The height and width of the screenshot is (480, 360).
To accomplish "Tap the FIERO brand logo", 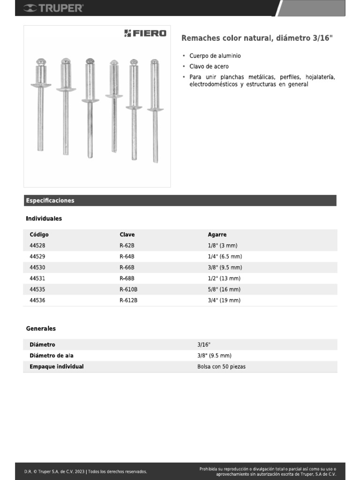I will [x=145, y=33].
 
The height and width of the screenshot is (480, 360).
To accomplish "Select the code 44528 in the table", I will [x=37, y=246].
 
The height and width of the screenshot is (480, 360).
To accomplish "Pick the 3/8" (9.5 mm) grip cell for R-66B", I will [x=225, y=268].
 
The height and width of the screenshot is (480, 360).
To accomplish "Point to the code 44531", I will [x=37, y=278].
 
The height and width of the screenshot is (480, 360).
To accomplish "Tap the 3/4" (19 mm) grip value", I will [x=224, y=300].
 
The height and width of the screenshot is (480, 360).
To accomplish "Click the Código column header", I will [x=39, y=234].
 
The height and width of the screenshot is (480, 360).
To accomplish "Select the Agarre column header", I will [x=217, y=234].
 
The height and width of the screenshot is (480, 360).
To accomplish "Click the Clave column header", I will [x=127, y=234].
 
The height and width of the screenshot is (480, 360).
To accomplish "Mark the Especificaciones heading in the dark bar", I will [x=50, y=201].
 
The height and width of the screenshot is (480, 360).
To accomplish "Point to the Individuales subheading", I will [x=44, y=218].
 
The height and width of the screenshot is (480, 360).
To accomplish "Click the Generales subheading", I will [x=41, y=329].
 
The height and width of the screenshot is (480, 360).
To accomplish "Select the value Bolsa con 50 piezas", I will [x=221, y=367].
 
